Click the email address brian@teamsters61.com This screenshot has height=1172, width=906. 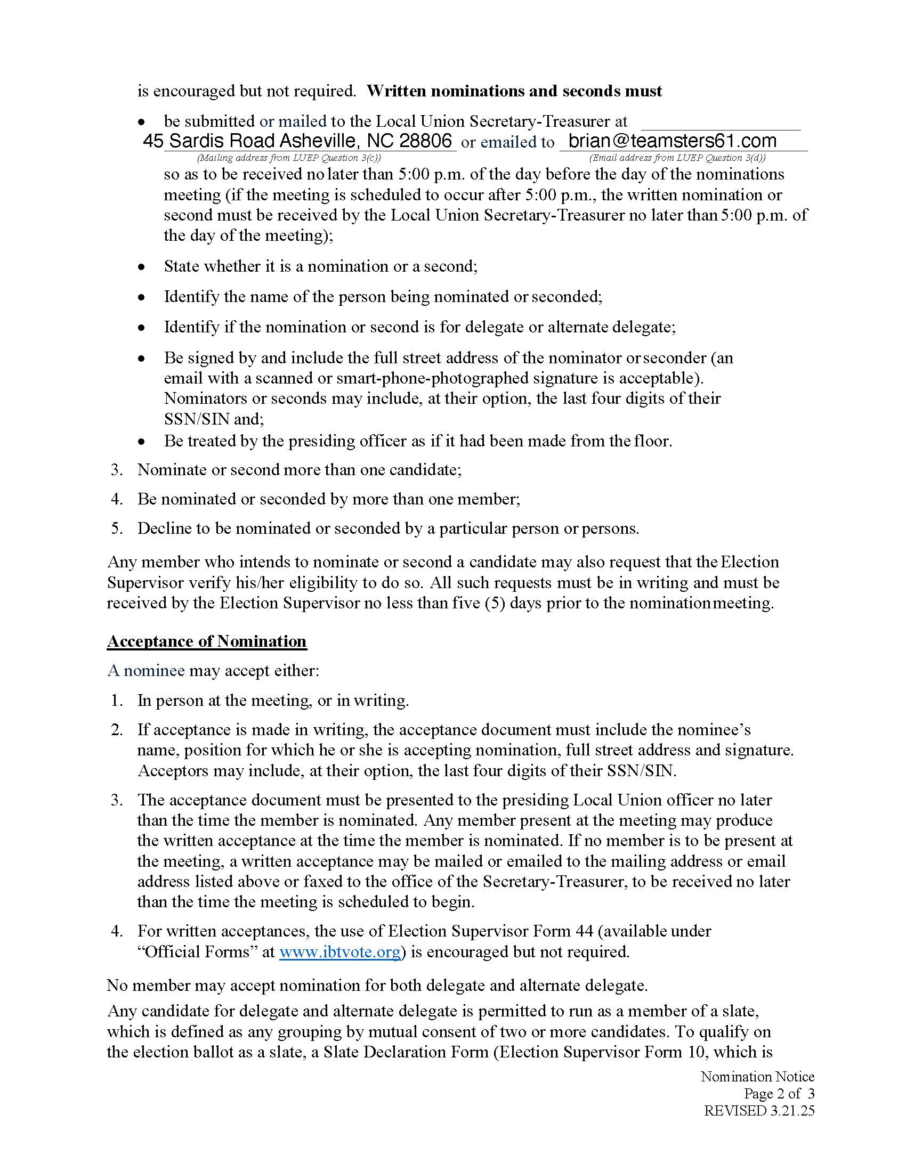point(672,141)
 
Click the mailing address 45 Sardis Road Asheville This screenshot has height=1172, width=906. point(298,141)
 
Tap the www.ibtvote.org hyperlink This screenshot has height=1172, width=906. point(340,951)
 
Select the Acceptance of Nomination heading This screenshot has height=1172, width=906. point(207,641)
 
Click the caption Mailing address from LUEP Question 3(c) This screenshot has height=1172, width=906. point(289,158)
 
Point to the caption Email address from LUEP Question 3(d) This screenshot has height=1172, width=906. point(677,158)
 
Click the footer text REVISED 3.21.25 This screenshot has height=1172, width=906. point(759,1111)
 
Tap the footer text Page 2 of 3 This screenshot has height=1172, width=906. point(779,1094)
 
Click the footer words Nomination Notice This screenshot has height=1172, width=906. point(757,1077)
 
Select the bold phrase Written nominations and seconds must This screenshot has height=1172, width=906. point(514,91)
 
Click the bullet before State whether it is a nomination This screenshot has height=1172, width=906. point(141,267)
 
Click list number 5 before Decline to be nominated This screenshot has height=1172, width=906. point(117,528)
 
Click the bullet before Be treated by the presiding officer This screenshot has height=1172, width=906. point(141,442)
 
